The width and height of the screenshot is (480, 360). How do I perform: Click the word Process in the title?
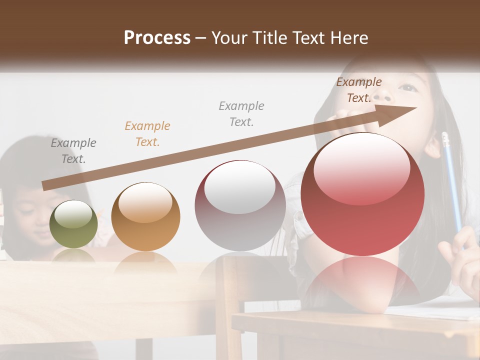pyautogui.click(x=157, y=38)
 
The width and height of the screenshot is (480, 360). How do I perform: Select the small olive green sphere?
pyautogui.click(x=73, y=224)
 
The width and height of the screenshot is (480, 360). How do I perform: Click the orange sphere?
pyautogui.click(x=145, y=217)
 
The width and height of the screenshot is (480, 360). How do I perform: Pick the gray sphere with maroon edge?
pyautogui.click(x=240, y=205)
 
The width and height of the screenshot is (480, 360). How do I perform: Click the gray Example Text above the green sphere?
pyautogui.click(x=73, y=151)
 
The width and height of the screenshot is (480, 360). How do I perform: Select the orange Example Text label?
pyautogui.click(x=147, y=134)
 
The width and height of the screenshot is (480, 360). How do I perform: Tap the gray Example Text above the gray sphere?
pyautogui.click(x=241, y=113)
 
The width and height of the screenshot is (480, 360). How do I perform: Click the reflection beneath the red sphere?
pyautogui.click(x=362, y=280)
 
